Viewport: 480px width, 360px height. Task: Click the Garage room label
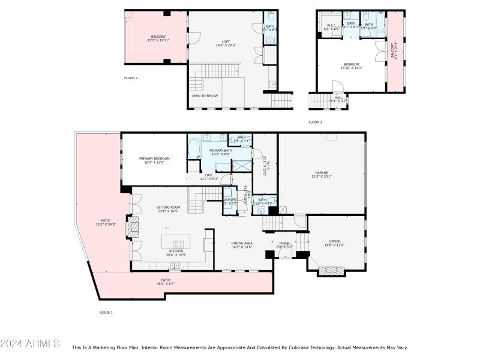321,173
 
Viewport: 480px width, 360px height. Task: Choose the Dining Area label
242,243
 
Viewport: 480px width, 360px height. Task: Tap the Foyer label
284,243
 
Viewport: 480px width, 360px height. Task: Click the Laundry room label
230,200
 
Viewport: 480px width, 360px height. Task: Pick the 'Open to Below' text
204,95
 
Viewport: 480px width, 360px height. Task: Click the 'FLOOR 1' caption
106,312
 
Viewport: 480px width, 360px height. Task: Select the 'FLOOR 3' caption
315,122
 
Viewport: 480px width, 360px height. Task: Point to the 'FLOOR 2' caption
131,78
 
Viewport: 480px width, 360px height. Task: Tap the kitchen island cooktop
178,244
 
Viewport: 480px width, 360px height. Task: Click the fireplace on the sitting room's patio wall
134,229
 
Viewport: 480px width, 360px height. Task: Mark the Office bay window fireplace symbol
329,271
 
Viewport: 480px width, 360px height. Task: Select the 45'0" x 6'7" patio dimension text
166,283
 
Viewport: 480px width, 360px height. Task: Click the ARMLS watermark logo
30,343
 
